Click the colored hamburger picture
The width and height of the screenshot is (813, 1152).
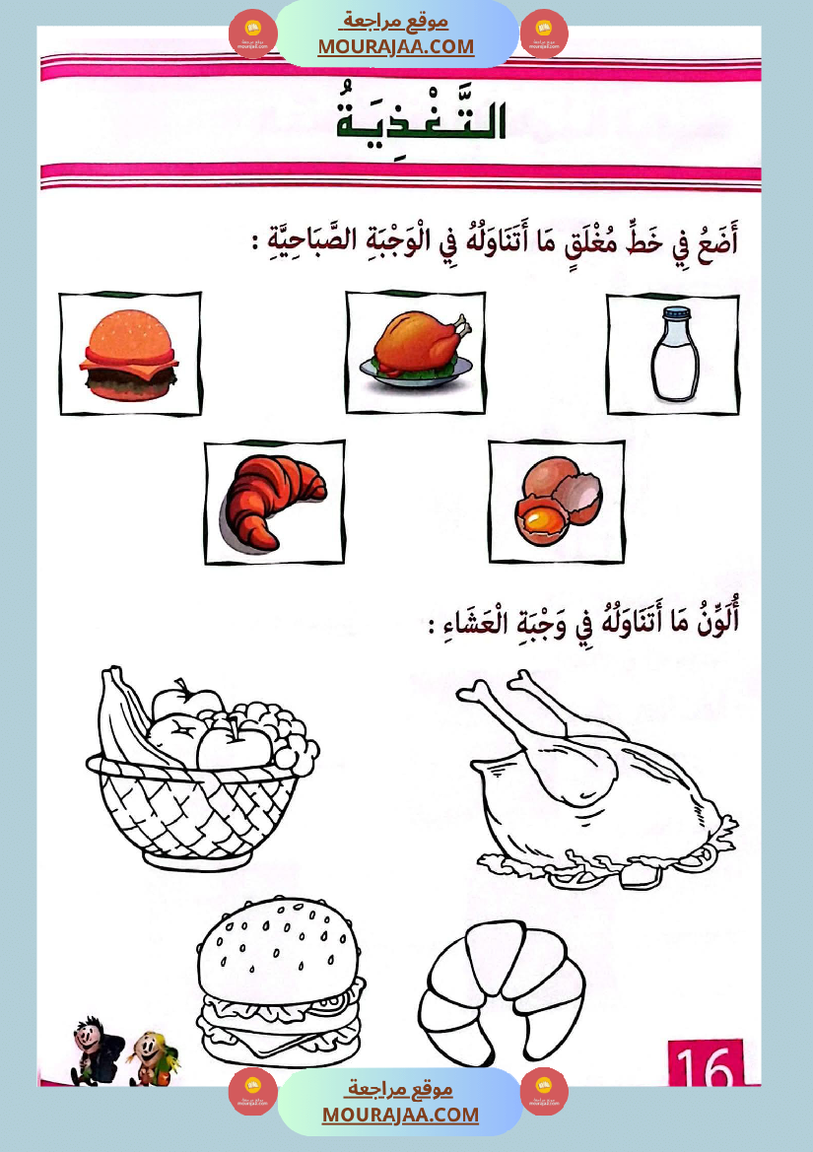coord(129,355)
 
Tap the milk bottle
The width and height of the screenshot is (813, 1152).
coord(674,355)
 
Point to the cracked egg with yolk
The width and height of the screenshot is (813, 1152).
coord(557,502)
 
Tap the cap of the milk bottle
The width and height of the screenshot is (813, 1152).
coord(674,314)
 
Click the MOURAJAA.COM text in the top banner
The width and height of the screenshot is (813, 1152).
coord(395,46)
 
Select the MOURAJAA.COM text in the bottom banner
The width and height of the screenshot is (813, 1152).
coord(400,1115)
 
